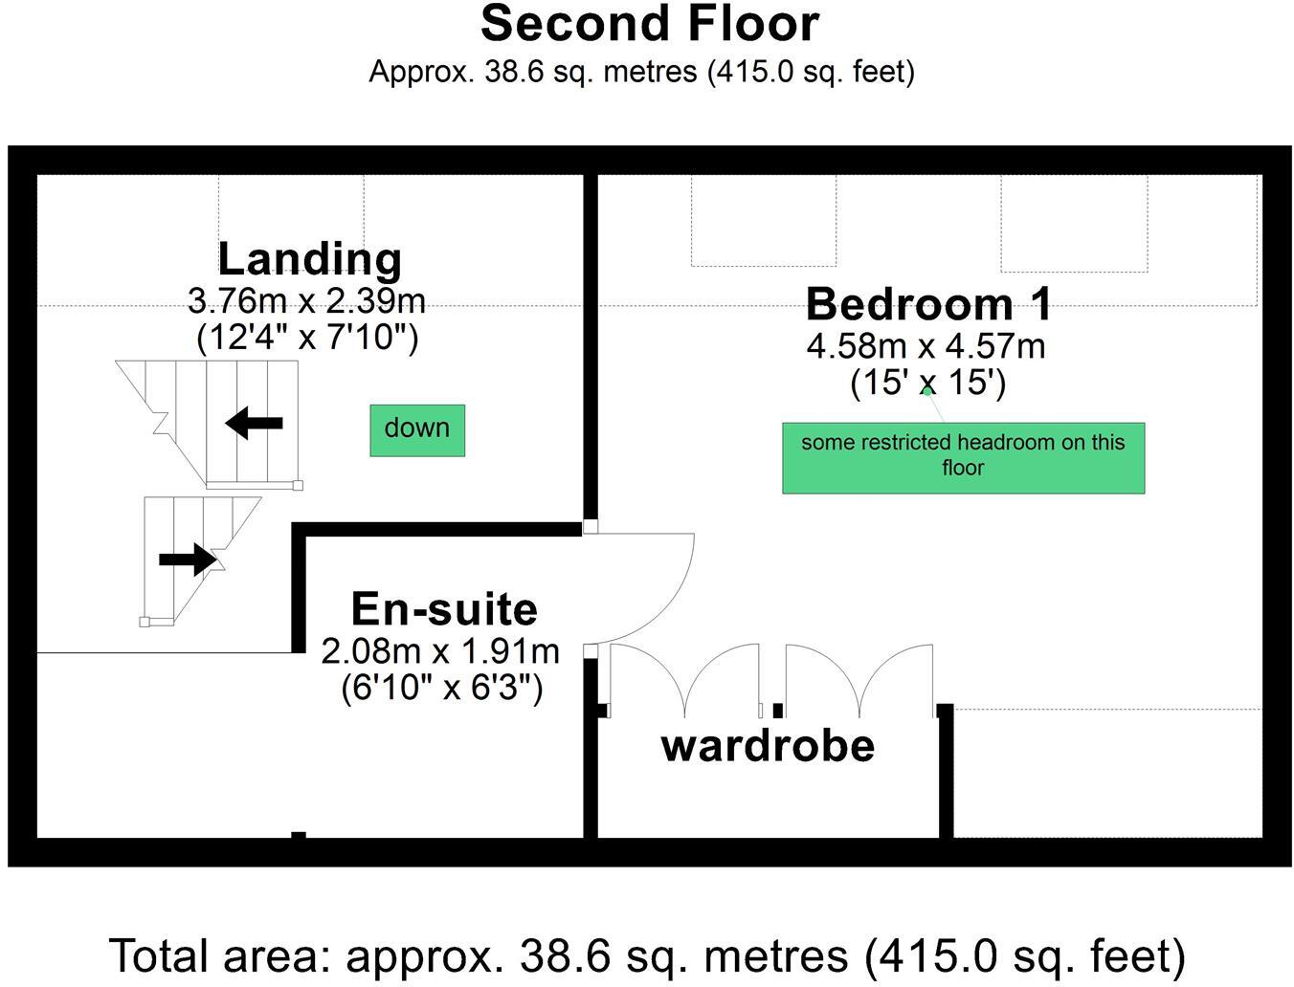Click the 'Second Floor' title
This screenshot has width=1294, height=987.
(x=649, y=24)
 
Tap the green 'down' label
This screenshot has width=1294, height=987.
(x=417, y=429)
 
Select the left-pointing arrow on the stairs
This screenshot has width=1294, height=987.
(x=255, y=422)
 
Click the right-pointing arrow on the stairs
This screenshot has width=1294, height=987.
(x=188, y=559)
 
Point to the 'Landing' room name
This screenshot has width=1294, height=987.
(x=309, y=258)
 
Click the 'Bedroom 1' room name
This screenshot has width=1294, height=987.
(x=928, y=304)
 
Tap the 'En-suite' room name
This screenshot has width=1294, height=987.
(x=444, y=609)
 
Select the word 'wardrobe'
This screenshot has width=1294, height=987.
(x=768, y=746)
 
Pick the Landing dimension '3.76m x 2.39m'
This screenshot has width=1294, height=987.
(x=306, y=301)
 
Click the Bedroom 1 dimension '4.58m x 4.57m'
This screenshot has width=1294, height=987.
(x=926, y=346)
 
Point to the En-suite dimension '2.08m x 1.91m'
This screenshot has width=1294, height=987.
(x=440, y=651)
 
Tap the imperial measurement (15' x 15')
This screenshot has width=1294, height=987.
(x=927, y=383)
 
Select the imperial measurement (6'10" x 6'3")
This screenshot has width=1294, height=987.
(x=442, y=688)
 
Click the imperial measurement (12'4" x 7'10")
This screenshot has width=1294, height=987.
(x=307, y=337)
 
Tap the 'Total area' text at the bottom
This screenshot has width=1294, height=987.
(x=647, y=955)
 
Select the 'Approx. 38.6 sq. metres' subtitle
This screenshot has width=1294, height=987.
(x=641, y=72)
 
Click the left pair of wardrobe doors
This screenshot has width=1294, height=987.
(x=685, y=679)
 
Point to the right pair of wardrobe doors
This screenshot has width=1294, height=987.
(x=859, y=679)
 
